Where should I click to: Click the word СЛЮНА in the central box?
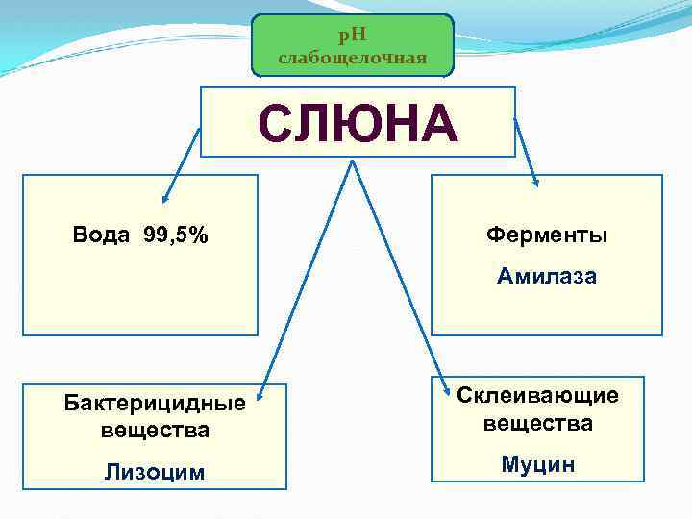(358, 123)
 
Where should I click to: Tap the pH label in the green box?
(352, 36)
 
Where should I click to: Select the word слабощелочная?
(352, 59)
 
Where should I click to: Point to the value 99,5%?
(175, 235)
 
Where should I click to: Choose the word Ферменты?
(546, 235)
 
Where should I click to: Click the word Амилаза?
(546, 277)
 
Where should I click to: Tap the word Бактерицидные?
(155, 403)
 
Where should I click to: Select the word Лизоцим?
(155, 471)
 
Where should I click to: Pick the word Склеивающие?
(537, 395)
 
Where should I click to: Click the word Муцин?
(537, 465)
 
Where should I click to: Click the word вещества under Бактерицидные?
(155, 430)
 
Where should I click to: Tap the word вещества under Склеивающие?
(537, 423)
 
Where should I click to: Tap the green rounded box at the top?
(352, 46)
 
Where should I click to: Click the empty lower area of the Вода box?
(140, 298)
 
